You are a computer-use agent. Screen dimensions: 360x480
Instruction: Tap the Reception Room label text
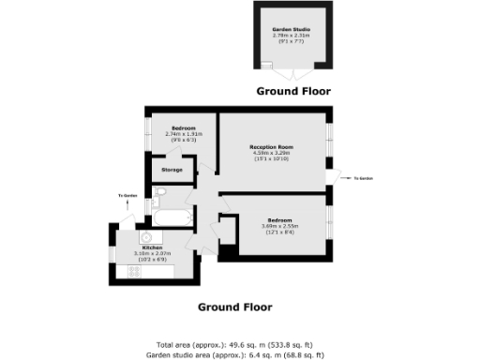[272, 147]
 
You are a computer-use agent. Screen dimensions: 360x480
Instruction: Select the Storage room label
[172, 170]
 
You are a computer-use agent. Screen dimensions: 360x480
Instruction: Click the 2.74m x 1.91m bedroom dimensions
[183, 133]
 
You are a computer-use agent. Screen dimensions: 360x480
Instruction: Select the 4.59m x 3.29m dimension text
[272, 154]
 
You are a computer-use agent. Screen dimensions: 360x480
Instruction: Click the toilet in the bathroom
[160, 194]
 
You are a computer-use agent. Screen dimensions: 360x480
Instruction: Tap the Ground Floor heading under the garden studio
[293, 92]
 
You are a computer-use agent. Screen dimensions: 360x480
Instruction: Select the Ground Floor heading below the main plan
[234, 307]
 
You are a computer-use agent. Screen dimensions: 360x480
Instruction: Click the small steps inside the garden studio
[267, 65]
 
